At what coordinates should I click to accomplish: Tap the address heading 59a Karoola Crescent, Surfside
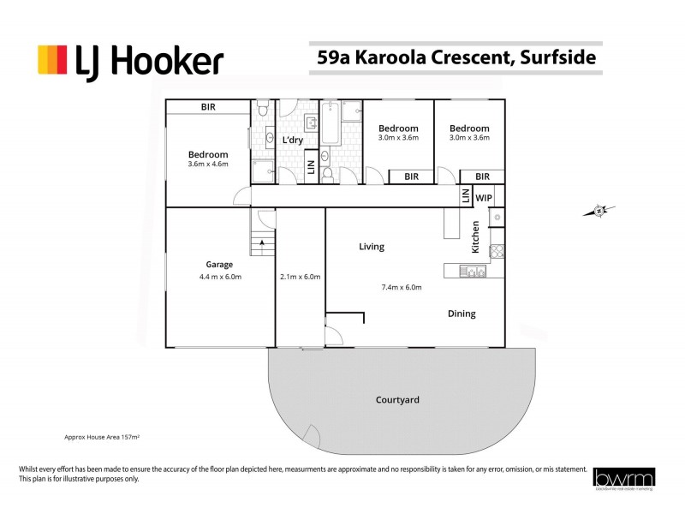point(454,58)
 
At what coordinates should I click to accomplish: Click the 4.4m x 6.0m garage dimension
point(221,277)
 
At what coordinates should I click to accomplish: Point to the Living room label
point(371,247)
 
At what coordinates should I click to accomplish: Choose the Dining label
point(462,314)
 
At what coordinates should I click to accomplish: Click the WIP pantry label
point(484,198)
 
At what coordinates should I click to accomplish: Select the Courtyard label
point(397,400)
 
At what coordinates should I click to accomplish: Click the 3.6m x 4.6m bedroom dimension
point(208,164)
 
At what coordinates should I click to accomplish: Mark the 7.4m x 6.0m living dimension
point(402,287)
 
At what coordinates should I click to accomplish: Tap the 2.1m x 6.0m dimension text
point(300,277)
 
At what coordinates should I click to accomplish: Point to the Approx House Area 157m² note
point(102,436)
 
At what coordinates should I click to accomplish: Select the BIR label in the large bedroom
point(208,107)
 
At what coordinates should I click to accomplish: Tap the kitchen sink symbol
point(472,272)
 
